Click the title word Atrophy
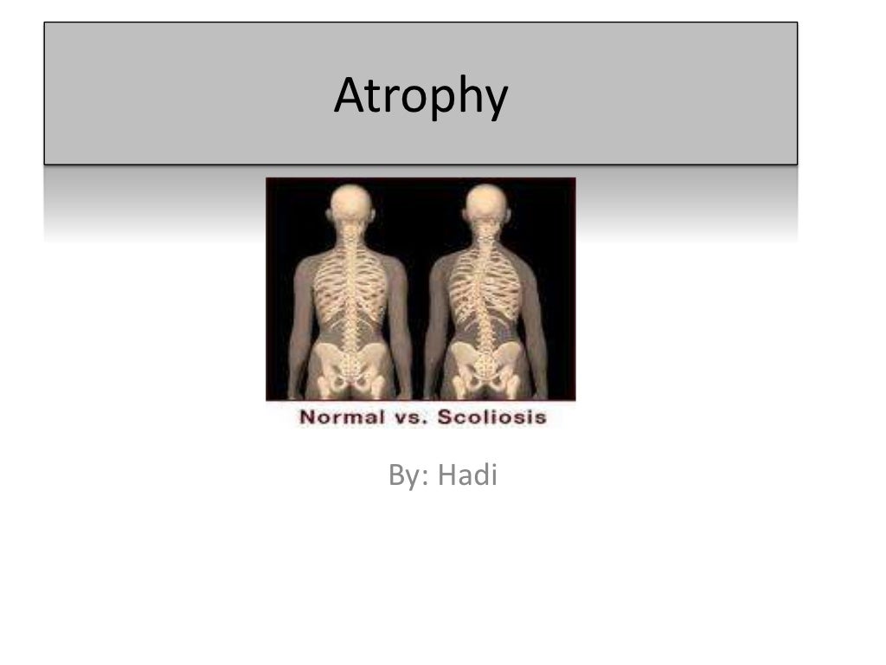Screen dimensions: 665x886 [x=420, y=97]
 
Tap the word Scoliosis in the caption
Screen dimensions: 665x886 [x=492, y=416]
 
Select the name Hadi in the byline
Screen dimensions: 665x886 [x=468, y=475]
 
